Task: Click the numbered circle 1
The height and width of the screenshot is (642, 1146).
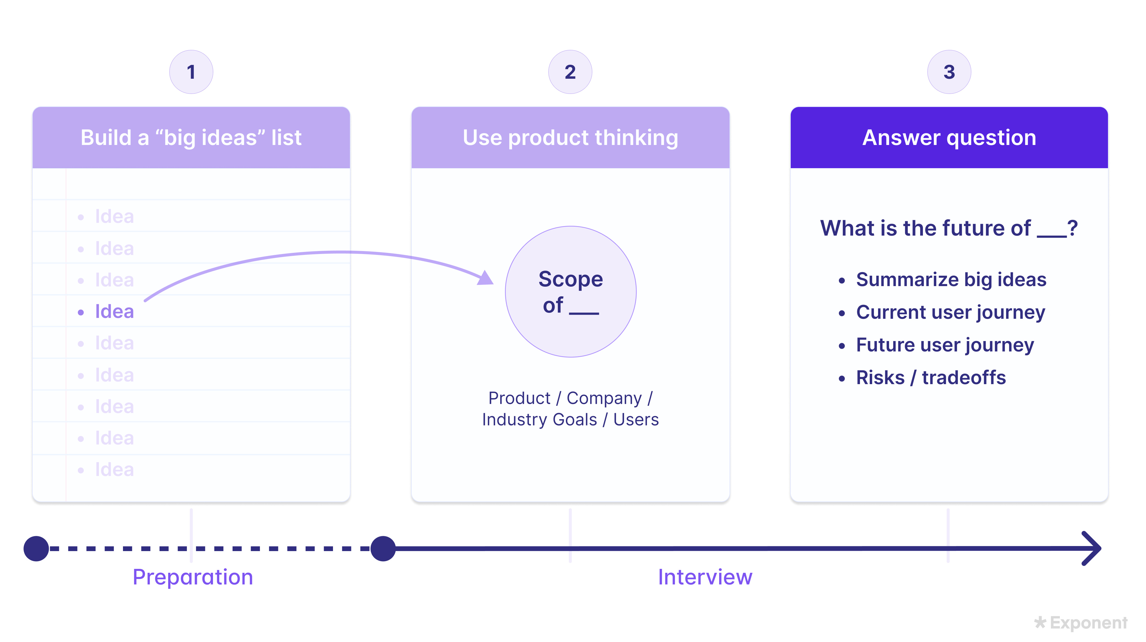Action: coord(191,72)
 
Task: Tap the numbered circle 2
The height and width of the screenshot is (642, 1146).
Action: coord(570,72)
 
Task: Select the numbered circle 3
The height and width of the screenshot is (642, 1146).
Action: coord(949,72)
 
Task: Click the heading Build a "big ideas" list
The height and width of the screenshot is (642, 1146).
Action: coord(191,138)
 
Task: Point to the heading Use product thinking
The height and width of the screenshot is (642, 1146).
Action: coord(570,138)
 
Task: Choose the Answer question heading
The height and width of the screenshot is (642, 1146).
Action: coord(949,138)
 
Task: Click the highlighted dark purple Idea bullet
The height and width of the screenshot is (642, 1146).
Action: coord(114,311)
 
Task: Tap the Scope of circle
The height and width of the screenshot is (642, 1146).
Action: coord(571,292)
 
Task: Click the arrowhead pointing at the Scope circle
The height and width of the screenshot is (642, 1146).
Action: coord(486,278)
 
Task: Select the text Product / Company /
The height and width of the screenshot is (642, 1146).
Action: coord(570,398)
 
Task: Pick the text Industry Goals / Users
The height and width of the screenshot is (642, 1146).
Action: coord(570,419)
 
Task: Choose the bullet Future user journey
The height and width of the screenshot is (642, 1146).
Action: coord(945,345)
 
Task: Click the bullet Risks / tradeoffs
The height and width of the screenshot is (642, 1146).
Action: coord(931,378)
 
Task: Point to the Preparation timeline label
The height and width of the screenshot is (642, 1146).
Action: coord(192,577)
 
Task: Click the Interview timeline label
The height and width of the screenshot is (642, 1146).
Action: coord(705,577)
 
